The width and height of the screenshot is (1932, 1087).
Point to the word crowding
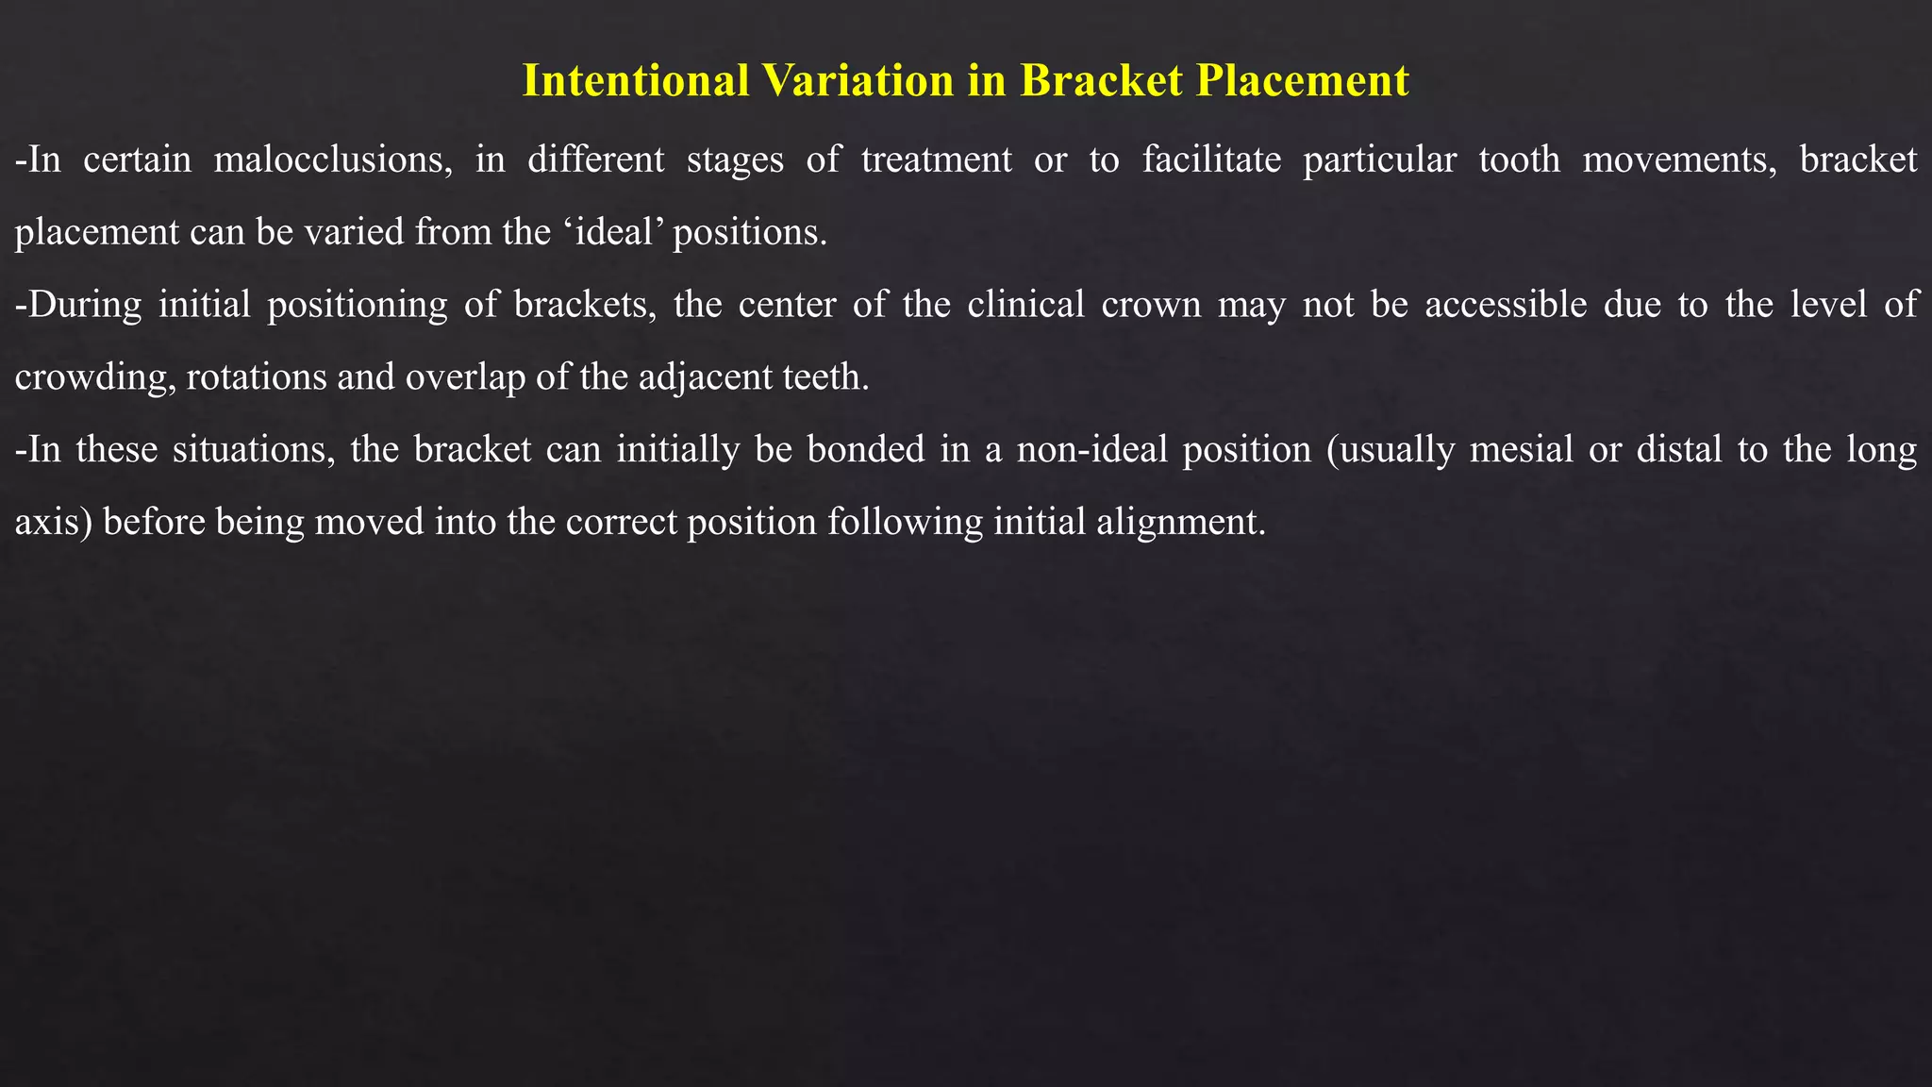[x=92, y=377]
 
